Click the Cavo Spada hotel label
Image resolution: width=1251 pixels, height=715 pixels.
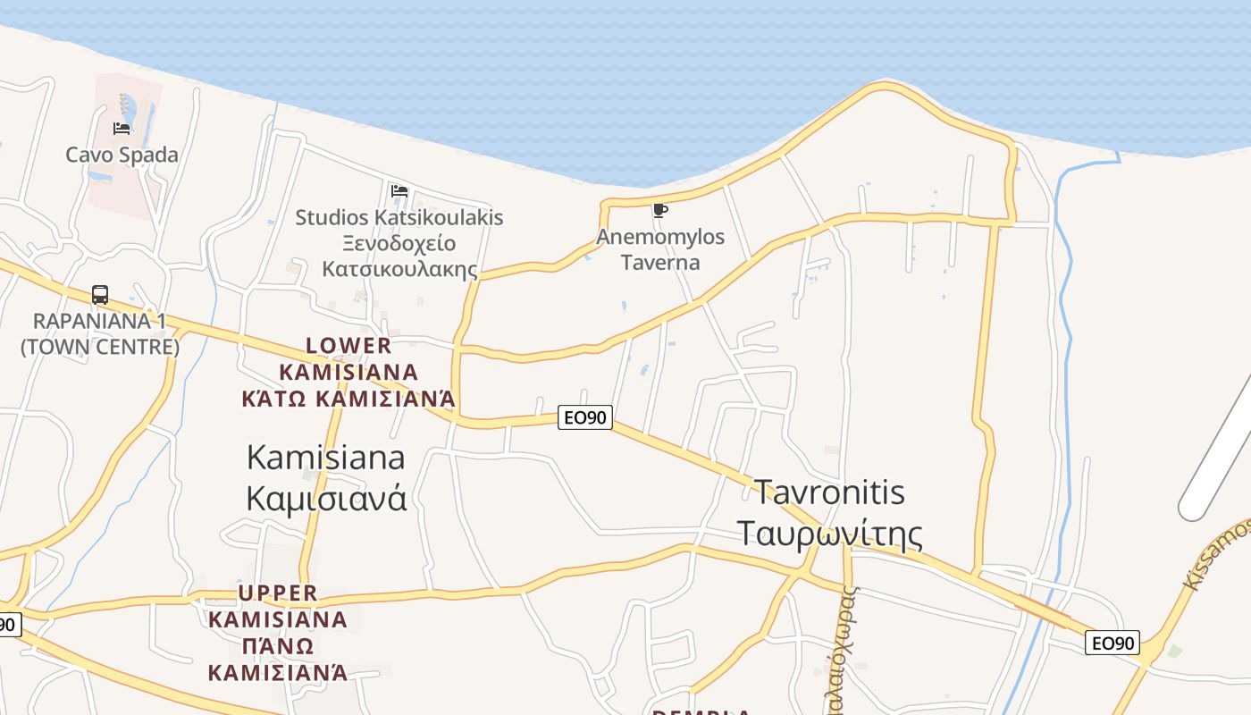tap(122, 155)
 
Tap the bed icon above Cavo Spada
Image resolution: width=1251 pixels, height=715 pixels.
tap(122, 129)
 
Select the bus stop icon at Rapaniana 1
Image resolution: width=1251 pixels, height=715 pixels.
tap(100, 295)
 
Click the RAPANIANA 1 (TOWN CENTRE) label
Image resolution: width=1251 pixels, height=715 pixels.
tap(100, 333)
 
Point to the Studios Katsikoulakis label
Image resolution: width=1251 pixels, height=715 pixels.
tap(399, 217)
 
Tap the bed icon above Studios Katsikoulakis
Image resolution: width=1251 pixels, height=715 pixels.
tap(399, 191)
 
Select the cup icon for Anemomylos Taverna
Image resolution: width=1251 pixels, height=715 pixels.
tap(660, 211)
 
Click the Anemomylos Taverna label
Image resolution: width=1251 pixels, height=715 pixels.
tap(660, 249)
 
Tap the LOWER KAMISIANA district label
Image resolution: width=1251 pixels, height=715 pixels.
tap(348, 357)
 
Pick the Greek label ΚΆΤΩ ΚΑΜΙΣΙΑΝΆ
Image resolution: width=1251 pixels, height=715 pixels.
tap(348, 399)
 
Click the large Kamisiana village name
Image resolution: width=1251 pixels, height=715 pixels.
tap(325, 458)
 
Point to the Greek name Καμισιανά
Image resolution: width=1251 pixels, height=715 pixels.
tap(325, 497)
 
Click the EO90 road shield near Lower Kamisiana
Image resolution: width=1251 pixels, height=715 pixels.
tap(584, 416)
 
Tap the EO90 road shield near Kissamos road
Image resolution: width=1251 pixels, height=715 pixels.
tap(1112, 642)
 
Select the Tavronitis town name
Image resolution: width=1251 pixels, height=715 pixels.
tap(829, 492)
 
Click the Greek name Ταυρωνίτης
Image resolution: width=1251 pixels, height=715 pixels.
tap(829, 534)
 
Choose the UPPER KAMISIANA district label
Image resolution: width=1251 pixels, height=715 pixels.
tap(278, 606)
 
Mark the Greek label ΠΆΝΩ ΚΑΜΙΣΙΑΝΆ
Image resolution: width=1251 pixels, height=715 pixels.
tap(278, 659)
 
